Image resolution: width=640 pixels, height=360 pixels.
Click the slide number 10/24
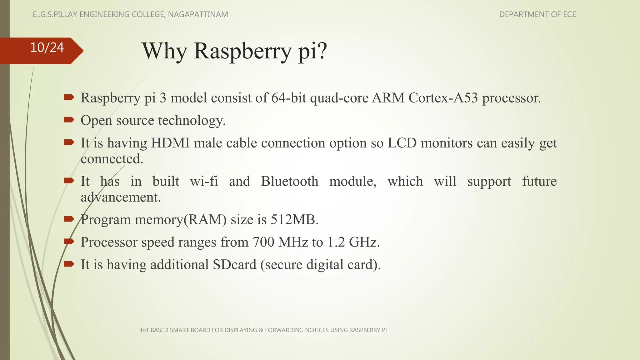[x=47, y=47]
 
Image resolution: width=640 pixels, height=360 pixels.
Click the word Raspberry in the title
[x=242, y=51]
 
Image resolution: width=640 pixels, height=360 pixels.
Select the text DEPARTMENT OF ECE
[x=537, y=14]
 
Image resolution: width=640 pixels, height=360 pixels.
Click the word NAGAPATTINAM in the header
[x=198, y=14]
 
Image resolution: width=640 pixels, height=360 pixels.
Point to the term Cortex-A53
[x=443, y=98]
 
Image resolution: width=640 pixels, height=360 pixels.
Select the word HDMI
[x=170, y=143]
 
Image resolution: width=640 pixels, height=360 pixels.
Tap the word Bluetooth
[x=289, y=181]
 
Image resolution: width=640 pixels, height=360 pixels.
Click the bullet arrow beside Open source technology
[x=69, y=120]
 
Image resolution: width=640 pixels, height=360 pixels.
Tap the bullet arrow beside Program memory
[x=69, y=219]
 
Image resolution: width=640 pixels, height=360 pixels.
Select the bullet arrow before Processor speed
[x=69, y=241]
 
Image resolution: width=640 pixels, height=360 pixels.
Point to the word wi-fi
[x=204, y=181]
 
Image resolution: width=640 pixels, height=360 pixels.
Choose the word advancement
[x=121, y=197]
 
